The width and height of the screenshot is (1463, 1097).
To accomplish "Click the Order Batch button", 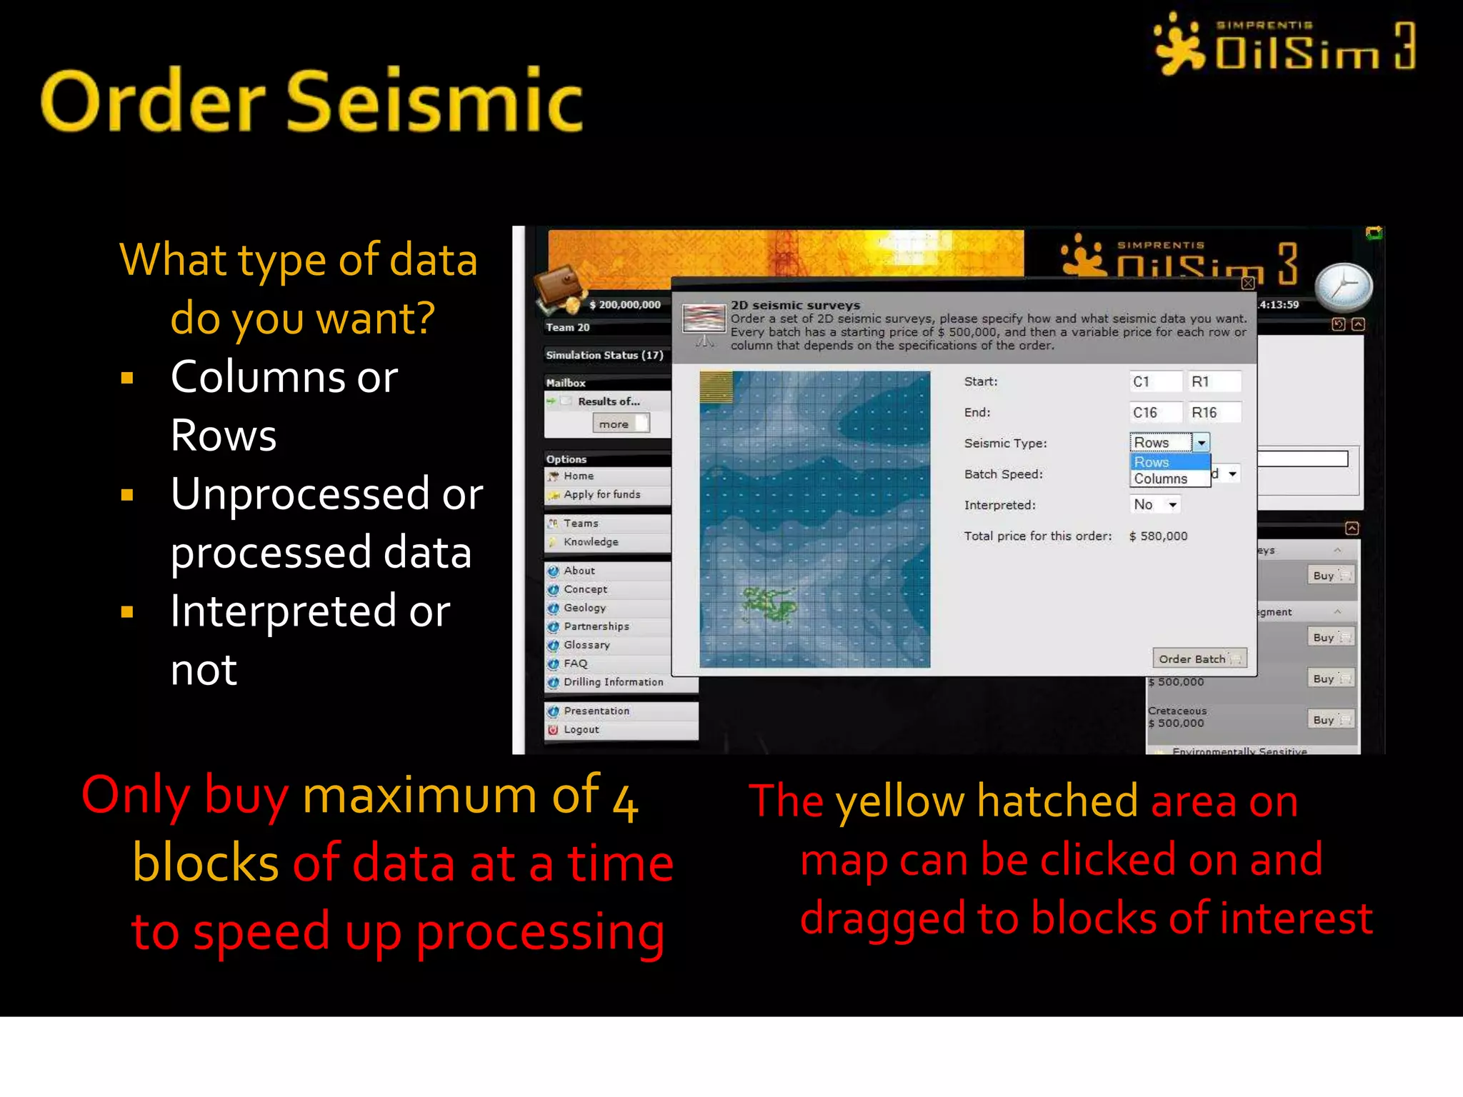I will [1199, 658].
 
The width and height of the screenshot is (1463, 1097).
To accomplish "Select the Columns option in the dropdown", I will [1161, 479].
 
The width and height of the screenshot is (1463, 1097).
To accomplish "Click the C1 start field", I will [1154, 381].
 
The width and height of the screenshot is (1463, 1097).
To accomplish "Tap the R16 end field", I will [1213, 412].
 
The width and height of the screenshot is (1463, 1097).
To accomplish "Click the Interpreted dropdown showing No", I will [1154, 505].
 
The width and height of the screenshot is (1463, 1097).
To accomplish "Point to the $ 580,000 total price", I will [1158, 536].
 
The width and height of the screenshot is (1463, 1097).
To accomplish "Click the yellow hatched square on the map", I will [716, 387].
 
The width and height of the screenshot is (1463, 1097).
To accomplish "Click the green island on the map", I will [769, 603].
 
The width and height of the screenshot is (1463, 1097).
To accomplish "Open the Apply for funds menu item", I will [601, 494].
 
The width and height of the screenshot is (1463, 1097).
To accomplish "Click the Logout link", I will [581, 729].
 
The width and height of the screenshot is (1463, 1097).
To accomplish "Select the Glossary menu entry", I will [586, 645].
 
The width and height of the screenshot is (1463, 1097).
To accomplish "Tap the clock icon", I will [1343, 287].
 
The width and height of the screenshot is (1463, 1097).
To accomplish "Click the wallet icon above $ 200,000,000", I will [562, 289].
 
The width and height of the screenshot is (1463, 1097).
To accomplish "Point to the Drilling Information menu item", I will [613, 682].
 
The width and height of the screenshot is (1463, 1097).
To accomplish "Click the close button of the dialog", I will [1247, 283].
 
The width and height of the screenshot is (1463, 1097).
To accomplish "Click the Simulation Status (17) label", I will [604, 355].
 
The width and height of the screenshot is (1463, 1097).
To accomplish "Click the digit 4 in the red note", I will [625, 802].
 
